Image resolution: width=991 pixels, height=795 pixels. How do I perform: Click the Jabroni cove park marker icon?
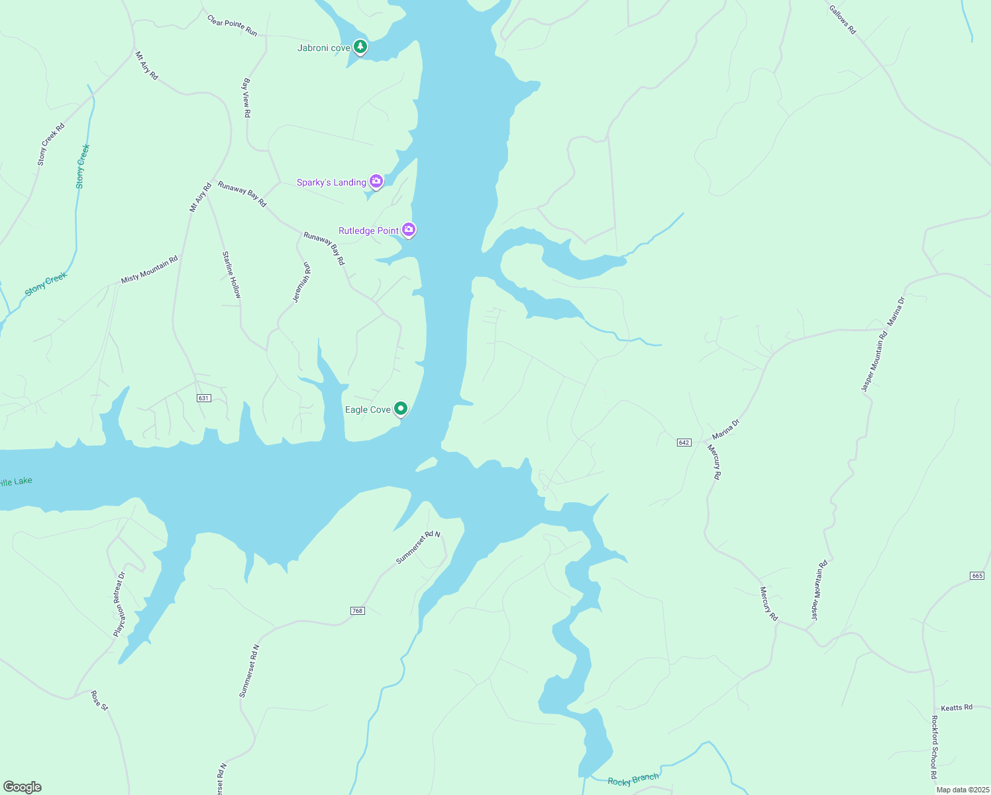(360, 47)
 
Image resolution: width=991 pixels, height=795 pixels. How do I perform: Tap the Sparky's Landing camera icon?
(376, 182)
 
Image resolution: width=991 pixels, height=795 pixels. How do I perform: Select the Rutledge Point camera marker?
(409, 230)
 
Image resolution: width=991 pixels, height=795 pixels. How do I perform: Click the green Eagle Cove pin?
(400, 409)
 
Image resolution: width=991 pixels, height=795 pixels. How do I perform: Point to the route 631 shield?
(203, 398)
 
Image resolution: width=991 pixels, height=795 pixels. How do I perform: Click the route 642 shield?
(684, 443)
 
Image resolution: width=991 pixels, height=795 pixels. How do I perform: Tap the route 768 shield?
(358, 611)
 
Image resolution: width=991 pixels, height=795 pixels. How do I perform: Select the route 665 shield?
(977, 576)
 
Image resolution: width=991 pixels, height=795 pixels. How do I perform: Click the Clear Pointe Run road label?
(232, 25)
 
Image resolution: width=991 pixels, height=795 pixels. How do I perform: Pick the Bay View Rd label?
(246, 98)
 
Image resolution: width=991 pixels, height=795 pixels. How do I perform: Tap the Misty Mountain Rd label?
(150, 270)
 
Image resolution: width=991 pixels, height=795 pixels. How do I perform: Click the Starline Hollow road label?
(232, 274)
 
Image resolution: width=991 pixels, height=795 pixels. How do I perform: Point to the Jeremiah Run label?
(302, 282)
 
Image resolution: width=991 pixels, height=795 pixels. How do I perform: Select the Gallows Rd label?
(843, 19)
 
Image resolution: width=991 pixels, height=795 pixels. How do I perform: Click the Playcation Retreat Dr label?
(119, 604)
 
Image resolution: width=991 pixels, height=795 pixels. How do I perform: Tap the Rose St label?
(99, 700)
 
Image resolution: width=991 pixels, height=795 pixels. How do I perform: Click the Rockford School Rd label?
(934, 747)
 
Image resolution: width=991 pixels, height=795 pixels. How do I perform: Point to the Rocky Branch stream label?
(633, 780)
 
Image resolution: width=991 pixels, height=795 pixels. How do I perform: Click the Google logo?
(23, 787)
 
